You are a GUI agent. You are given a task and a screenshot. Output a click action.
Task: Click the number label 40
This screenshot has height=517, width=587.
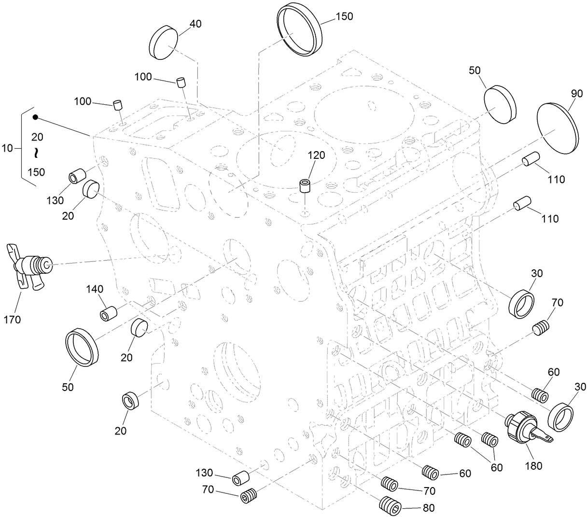coord(195,24)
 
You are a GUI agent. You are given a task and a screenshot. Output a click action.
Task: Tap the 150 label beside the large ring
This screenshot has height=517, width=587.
coord(344,16)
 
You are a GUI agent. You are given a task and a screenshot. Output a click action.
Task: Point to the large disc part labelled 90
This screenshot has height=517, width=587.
coord(558,128)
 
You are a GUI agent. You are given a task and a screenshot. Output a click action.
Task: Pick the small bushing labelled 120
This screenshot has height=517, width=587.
coord(305,186)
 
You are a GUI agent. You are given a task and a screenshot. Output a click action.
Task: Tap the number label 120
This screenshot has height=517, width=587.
coord(316,155)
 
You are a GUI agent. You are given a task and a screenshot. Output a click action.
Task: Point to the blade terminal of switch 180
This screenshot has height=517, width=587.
coord(545,437)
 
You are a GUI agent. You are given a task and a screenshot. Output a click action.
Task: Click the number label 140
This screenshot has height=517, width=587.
coord(95,289)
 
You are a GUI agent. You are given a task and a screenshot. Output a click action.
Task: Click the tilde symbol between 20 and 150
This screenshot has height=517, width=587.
coord(36,154)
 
